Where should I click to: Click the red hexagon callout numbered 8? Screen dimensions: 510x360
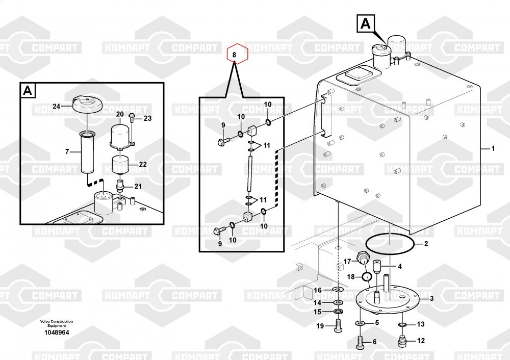[x=237, y=54]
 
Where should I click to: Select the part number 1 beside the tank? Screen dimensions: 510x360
[x=493, y=148]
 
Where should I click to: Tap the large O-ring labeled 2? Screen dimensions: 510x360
[x=390, y=243]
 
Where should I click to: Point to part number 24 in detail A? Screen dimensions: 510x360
[x=57, y=107]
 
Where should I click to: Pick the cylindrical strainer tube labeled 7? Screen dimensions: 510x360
[x=88, y=152]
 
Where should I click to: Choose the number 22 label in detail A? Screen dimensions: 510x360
[x=143, y=164]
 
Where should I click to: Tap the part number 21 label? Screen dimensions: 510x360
[x=138, y=186]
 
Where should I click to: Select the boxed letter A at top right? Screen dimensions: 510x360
[x=366, y=23]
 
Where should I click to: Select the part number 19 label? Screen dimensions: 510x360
[x=320, y=326]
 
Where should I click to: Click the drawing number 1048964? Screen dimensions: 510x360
[x=57, y=332]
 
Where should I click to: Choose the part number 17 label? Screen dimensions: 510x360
[x=347, y=262]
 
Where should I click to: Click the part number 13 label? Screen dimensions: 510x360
[x=421, y=324]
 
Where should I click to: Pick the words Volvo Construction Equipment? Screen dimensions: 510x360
[x=57, y=323]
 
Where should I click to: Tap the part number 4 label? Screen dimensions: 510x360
[x=400, y=267]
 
